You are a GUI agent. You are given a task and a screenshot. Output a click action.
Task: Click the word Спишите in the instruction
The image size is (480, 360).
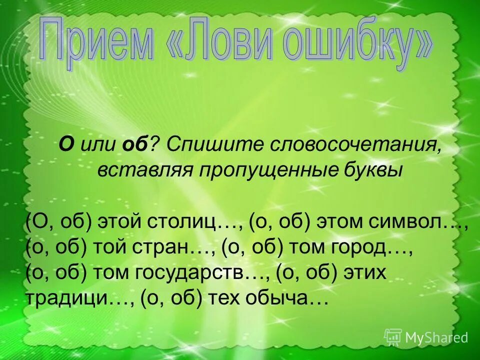(210, 145)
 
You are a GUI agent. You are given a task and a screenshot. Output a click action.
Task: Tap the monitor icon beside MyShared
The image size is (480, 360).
(393, 337)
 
